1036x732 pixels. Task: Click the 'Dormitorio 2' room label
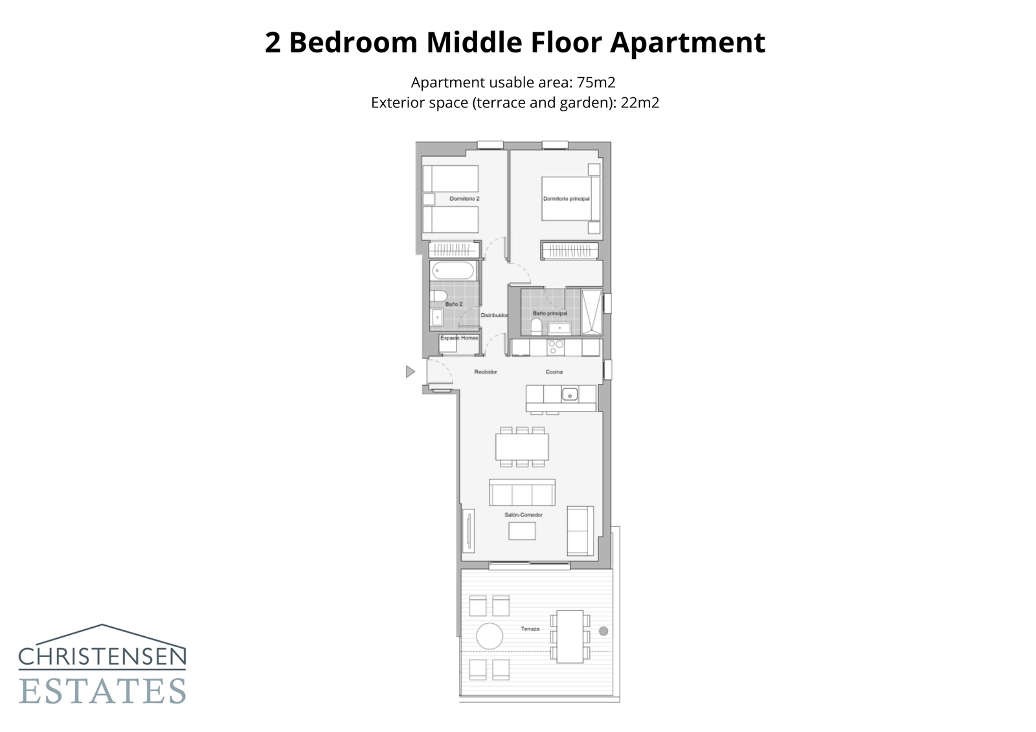(x=464, y=199)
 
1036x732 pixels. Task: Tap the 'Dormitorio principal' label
(x=566, y=199)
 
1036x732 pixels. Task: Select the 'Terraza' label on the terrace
(x=530, y=629)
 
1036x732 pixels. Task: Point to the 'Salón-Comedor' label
(x=523, y=515)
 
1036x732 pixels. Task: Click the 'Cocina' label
(x=554, y=372)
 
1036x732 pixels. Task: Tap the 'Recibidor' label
(x=485, y=372)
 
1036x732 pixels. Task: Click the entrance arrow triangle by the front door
(x=409, y=372)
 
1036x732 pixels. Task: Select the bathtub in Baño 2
(x=453, y=271)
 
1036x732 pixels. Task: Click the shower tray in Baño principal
(x=591, y=312)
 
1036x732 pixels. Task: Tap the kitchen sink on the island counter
(x=569, y=394)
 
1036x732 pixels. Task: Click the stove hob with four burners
(x=556, y=348)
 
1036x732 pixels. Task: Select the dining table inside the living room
(x=522, y=447)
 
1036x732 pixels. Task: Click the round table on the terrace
(x=490, y=636)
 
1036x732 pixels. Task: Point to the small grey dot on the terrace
(x=603, y=631)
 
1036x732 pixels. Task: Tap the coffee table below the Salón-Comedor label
(x=522, y=531)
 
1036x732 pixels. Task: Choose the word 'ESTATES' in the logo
(x=102, y=691)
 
